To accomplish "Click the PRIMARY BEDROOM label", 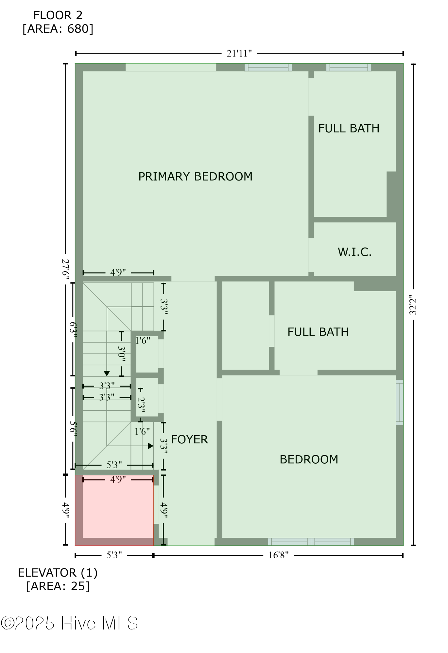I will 195,177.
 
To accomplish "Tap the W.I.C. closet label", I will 354,252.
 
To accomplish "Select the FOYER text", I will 189,439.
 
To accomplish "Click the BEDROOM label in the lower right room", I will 309,459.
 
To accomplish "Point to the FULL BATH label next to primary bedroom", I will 349,128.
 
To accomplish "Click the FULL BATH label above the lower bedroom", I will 318,332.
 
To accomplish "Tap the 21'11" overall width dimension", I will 239,54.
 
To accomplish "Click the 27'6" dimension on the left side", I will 65,269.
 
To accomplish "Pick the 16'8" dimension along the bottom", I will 278,555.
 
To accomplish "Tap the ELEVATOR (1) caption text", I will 58,573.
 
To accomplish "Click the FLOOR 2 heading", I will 58,15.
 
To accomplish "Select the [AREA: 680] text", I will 58,29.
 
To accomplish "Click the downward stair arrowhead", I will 107,374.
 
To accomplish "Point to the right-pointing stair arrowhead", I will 150,446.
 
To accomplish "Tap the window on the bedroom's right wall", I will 400,402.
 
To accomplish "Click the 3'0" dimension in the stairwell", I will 121,354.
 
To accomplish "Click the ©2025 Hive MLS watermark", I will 69,623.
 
